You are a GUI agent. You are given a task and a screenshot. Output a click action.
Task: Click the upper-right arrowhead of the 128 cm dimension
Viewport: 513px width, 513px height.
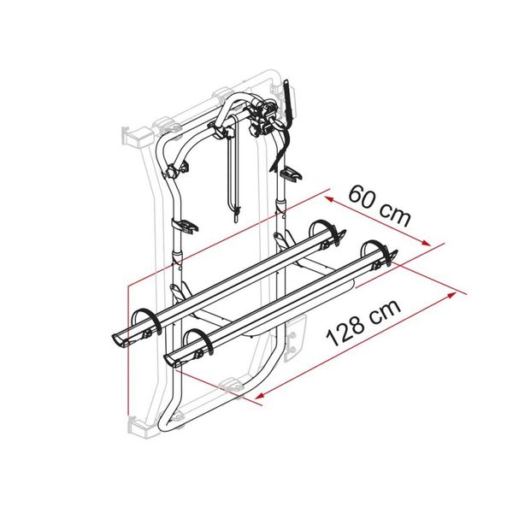(451, 293)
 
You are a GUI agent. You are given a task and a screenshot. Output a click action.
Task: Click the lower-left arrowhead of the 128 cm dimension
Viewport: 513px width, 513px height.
(256, 397)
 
